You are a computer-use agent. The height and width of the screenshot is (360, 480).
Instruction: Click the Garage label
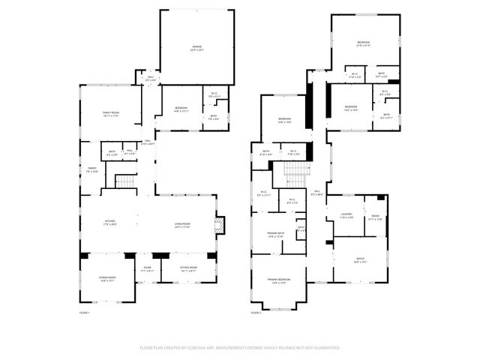[x=196, y=48]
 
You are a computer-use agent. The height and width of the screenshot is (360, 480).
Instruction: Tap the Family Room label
[x=111, y=113]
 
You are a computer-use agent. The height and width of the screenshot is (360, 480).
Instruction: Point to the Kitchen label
[x=109, y=222]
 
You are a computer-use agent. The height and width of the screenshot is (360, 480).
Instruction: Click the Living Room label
[x=182, y=222]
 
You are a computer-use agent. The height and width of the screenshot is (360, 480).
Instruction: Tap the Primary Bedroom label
[x=279, y=280]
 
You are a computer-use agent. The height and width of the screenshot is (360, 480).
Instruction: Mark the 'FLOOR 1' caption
[x=84, y=312]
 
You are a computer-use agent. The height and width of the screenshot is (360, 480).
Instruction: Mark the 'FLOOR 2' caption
[x=255, y=312]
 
